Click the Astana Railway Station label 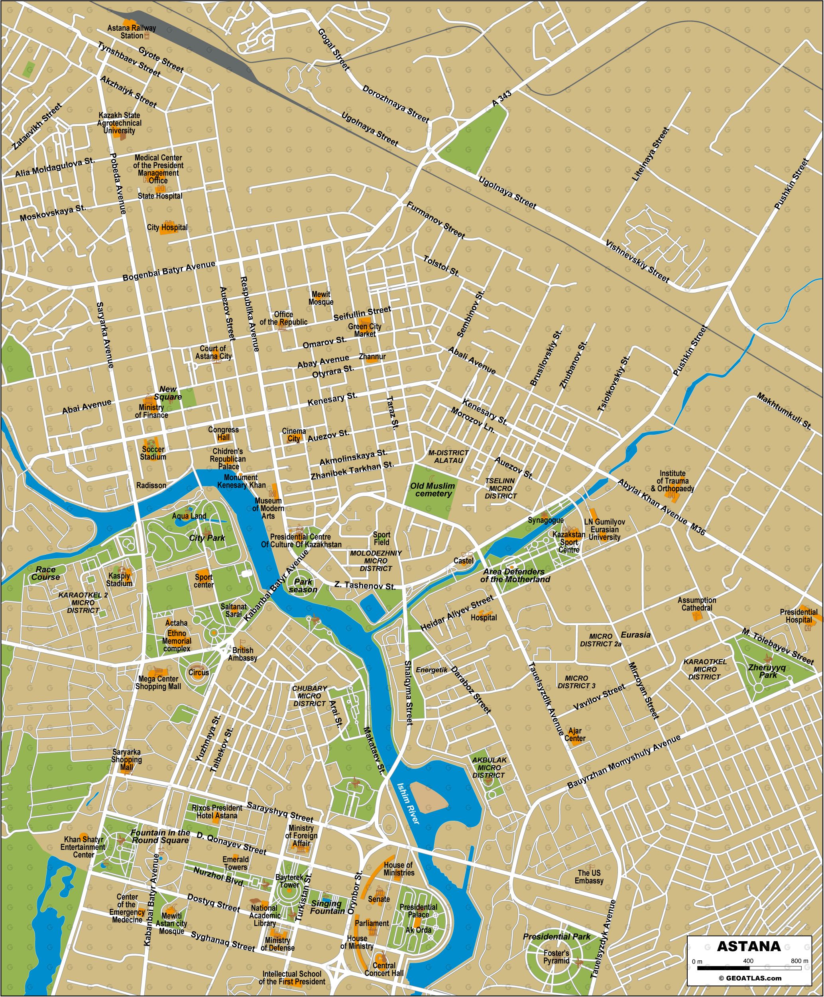tap(132, 32)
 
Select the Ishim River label tap(408, 803)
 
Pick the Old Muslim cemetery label tap(433, 489)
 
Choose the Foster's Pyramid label tap(556, 957)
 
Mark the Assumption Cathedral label tap(697, 604)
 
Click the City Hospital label tap(167, 227)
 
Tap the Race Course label tap(45, 573)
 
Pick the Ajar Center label tap(575, 735)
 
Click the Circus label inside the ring tap(199, 672)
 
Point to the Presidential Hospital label tap(798, 616)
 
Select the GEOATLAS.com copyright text tap(749, 978)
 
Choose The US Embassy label tap(589, 877)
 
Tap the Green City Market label tap(364, 330)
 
